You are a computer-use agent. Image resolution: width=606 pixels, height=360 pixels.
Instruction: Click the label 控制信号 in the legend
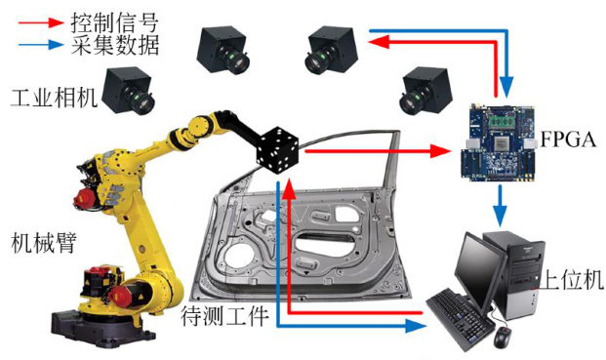click(x=115, y=22)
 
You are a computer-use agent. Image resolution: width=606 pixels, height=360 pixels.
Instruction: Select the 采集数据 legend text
click(x=115, y=45)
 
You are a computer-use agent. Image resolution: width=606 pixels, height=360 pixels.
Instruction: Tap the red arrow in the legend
click(x=41, y=22)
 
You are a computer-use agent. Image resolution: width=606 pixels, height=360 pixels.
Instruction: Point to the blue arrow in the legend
click(x=41, y=45)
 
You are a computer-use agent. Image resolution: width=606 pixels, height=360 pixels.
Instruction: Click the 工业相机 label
click(x=54, y=97)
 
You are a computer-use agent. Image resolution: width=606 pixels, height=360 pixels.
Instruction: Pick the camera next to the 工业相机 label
click(x=129, y=91)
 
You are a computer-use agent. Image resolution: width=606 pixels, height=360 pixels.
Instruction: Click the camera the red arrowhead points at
click(x=332, y=50)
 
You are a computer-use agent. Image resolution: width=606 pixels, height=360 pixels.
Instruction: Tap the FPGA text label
click(x=568, y=140)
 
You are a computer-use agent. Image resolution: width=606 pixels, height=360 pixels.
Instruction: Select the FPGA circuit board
click(x=499, y=142)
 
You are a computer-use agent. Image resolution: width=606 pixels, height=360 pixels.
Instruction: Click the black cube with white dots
click(x=278, y=149)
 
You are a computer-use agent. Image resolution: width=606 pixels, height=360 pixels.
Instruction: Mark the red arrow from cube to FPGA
click(x=378, y=151)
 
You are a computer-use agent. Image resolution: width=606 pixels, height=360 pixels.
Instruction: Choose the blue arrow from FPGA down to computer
click(x=501, y=206)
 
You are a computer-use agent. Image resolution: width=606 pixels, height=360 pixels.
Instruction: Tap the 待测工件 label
click(x=224, y=315)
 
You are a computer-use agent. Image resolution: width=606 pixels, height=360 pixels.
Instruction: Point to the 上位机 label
click(x=571, y=279)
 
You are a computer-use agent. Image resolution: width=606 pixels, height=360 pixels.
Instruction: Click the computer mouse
click(x=502, y=337)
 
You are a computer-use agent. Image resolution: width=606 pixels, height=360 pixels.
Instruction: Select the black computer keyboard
click(x=461, y=321)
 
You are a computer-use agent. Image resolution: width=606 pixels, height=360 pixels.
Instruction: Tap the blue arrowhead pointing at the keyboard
click(x=416, y=327)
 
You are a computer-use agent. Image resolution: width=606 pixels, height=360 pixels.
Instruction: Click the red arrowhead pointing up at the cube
click(x=289, y=187)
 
